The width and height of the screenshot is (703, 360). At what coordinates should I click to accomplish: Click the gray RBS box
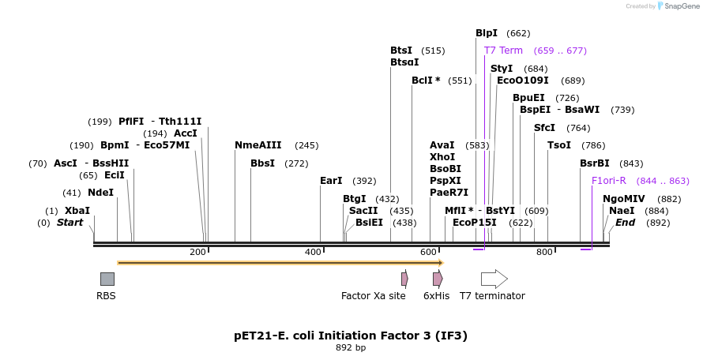pos(107,279)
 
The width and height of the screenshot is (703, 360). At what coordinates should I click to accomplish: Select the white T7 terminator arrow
pos(494,279)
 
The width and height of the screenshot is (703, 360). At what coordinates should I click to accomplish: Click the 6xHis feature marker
pos(438,279)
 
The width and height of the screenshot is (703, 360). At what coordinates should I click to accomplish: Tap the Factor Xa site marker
pos(404,279)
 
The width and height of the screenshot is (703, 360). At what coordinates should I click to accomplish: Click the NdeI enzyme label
pos(100,193)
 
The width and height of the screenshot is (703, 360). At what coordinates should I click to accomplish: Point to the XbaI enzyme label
pos(77,211)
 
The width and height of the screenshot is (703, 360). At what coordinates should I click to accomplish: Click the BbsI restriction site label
pos(262,163)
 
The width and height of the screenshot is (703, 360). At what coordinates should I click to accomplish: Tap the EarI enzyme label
pos(331,181)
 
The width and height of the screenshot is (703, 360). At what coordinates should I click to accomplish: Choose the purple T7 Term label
pos(503,51)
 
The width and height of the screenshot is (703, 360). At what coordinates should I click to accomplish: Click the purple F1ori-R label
pos(609,181)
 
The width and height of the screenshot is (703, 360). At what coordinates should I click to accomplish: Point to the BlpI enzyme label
pos(487,33)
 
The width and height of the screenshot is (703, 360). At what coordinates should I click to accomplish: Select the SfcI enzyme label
pos(544,128)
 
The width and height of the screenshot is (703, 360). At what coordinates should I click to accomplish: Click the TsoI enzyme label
pos(559,145)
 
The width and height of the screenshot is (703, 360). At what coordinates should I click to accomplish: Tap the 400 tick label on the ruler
pos(314,252)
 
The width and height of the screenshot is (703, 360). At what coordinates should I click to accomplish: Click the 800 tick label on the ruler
pos(544,252)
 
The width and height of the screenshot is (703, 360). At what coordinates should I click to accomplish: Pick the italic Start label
pos(70,223)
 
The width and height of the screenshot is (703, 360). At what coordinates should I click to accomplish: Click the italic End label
pos(625,223)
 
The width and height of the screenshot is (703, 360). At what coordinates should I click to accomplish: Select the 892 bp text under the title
pos(351,347)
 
